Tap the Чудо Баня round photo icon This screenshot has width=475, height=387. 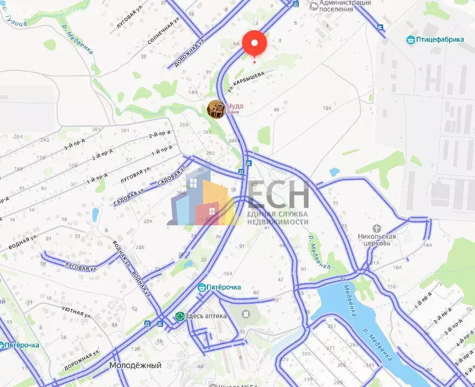point(216,109)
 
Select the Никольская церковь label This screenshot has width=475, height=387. point(377,239)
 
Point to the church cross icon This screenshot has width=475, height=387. point(377,228)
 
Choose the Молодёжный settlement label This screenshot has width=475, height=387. point(135,365)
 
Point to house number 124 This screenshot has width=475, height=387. point(326,108)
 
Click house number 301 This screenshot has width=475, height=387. point(96,129)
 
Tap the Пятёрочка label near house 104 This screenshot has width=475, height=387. point(223,287)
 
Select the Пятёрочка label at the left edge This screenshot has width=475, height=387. point(22,345)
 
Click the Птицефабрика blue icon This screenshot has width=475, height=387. point(410,40)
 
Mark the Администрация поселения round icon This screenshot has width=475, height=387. point(312,6)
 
